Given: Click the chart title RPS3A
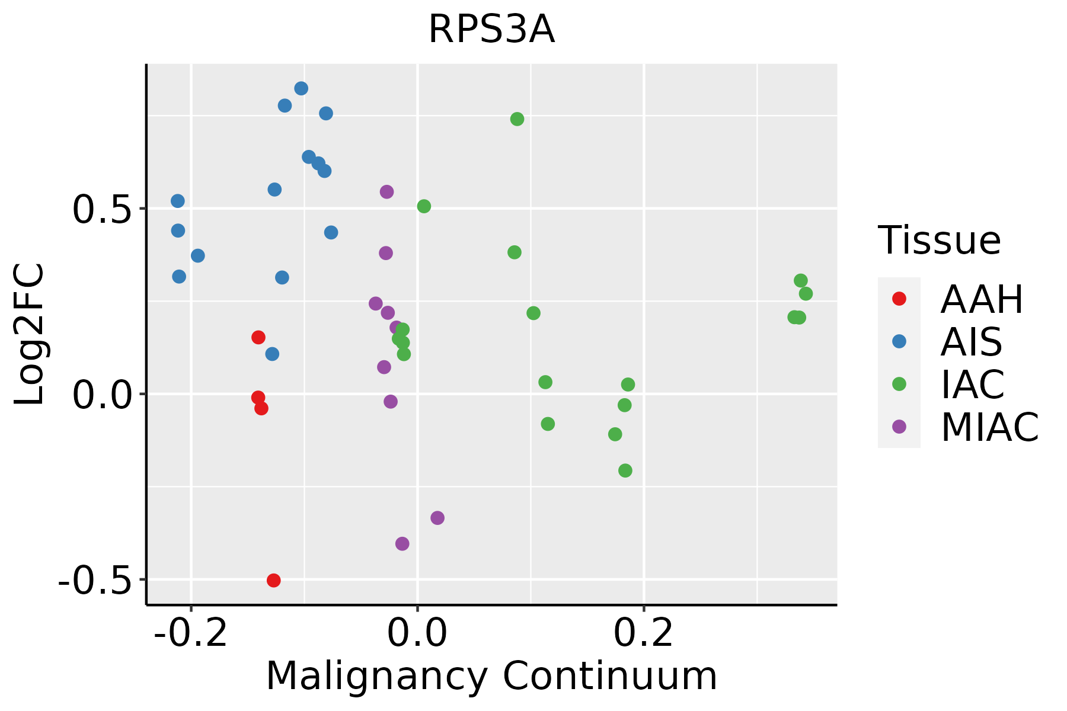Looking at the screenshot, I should (491, 30).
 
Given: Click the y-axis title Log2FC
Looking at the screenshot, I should (30, 334).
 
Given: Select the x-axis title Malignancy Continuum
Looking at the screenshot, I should (491, 676).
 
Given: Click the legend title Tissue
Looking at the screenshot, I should (940, 241).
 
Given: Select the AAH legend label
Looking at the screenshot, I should (982, 299).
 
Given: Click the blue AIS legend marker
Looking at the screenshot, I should (899, 341).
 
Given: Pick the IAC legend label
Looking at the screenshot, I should (973, 384).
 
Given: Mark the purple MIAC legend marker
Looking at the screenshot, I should (899, 427).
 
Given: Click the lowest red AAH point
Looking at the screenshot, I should (273, 580).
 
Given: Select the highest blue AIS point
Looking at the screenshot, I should (301, 88).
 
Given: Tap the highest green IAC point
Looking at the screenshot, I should (517, 119).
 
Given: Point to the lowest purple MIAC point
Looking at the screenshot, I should (402, 543).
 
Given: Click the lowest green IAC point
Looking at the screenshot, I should (625, 470).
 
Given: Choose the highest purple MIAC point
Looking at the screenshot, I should (386, 191).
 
